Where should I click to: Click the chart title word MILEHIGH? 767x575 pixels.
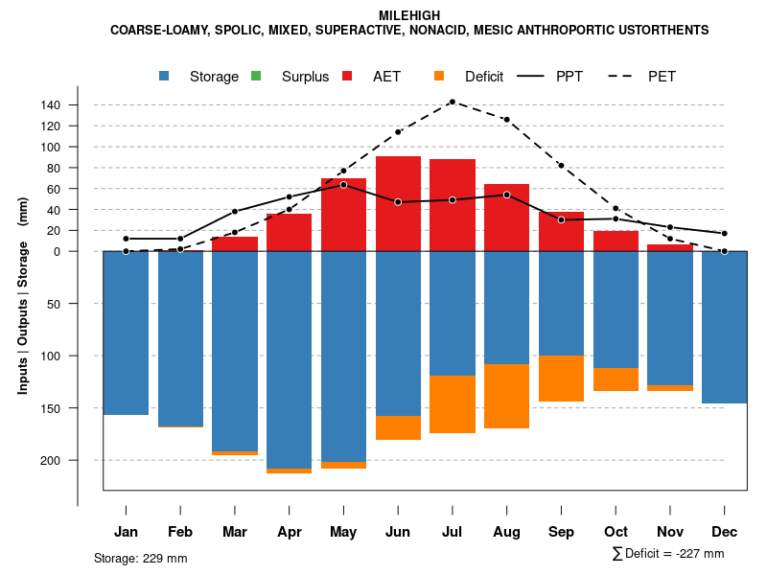[409, 15]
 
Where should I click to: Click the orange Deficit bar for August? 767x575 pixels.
[506, 396]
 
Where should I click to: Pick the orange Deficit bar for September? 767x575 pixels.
[561, 379]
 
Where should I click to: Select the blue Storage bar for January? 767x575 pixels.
[126, 333]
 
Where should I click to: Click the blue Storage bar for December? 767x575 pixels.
[724, 327]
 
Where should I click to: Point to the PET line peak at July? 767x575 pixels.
[453, 102]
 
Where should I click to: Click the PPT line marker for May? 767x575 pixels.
[343, 185]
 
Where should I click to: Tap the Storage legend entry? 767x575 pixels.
[201, 77]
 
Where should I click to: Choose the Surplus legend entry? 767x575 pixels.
[292, 77]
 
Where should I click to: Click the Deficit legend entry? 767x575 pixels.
[471, 77]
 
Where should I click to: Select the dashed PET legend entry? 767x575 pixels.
[646, 77]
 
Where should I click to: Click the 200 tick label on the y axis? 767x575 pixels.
[78, 460]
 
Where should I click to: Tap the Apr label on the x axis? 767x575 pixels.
[290, 532]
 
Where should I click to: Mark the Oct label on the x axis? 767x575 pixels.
[616, 532]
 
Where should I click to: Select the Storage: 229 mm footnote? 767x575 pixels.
[140, 558]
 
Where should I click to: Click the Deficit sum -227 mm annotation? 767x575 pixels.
[667, 554]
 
